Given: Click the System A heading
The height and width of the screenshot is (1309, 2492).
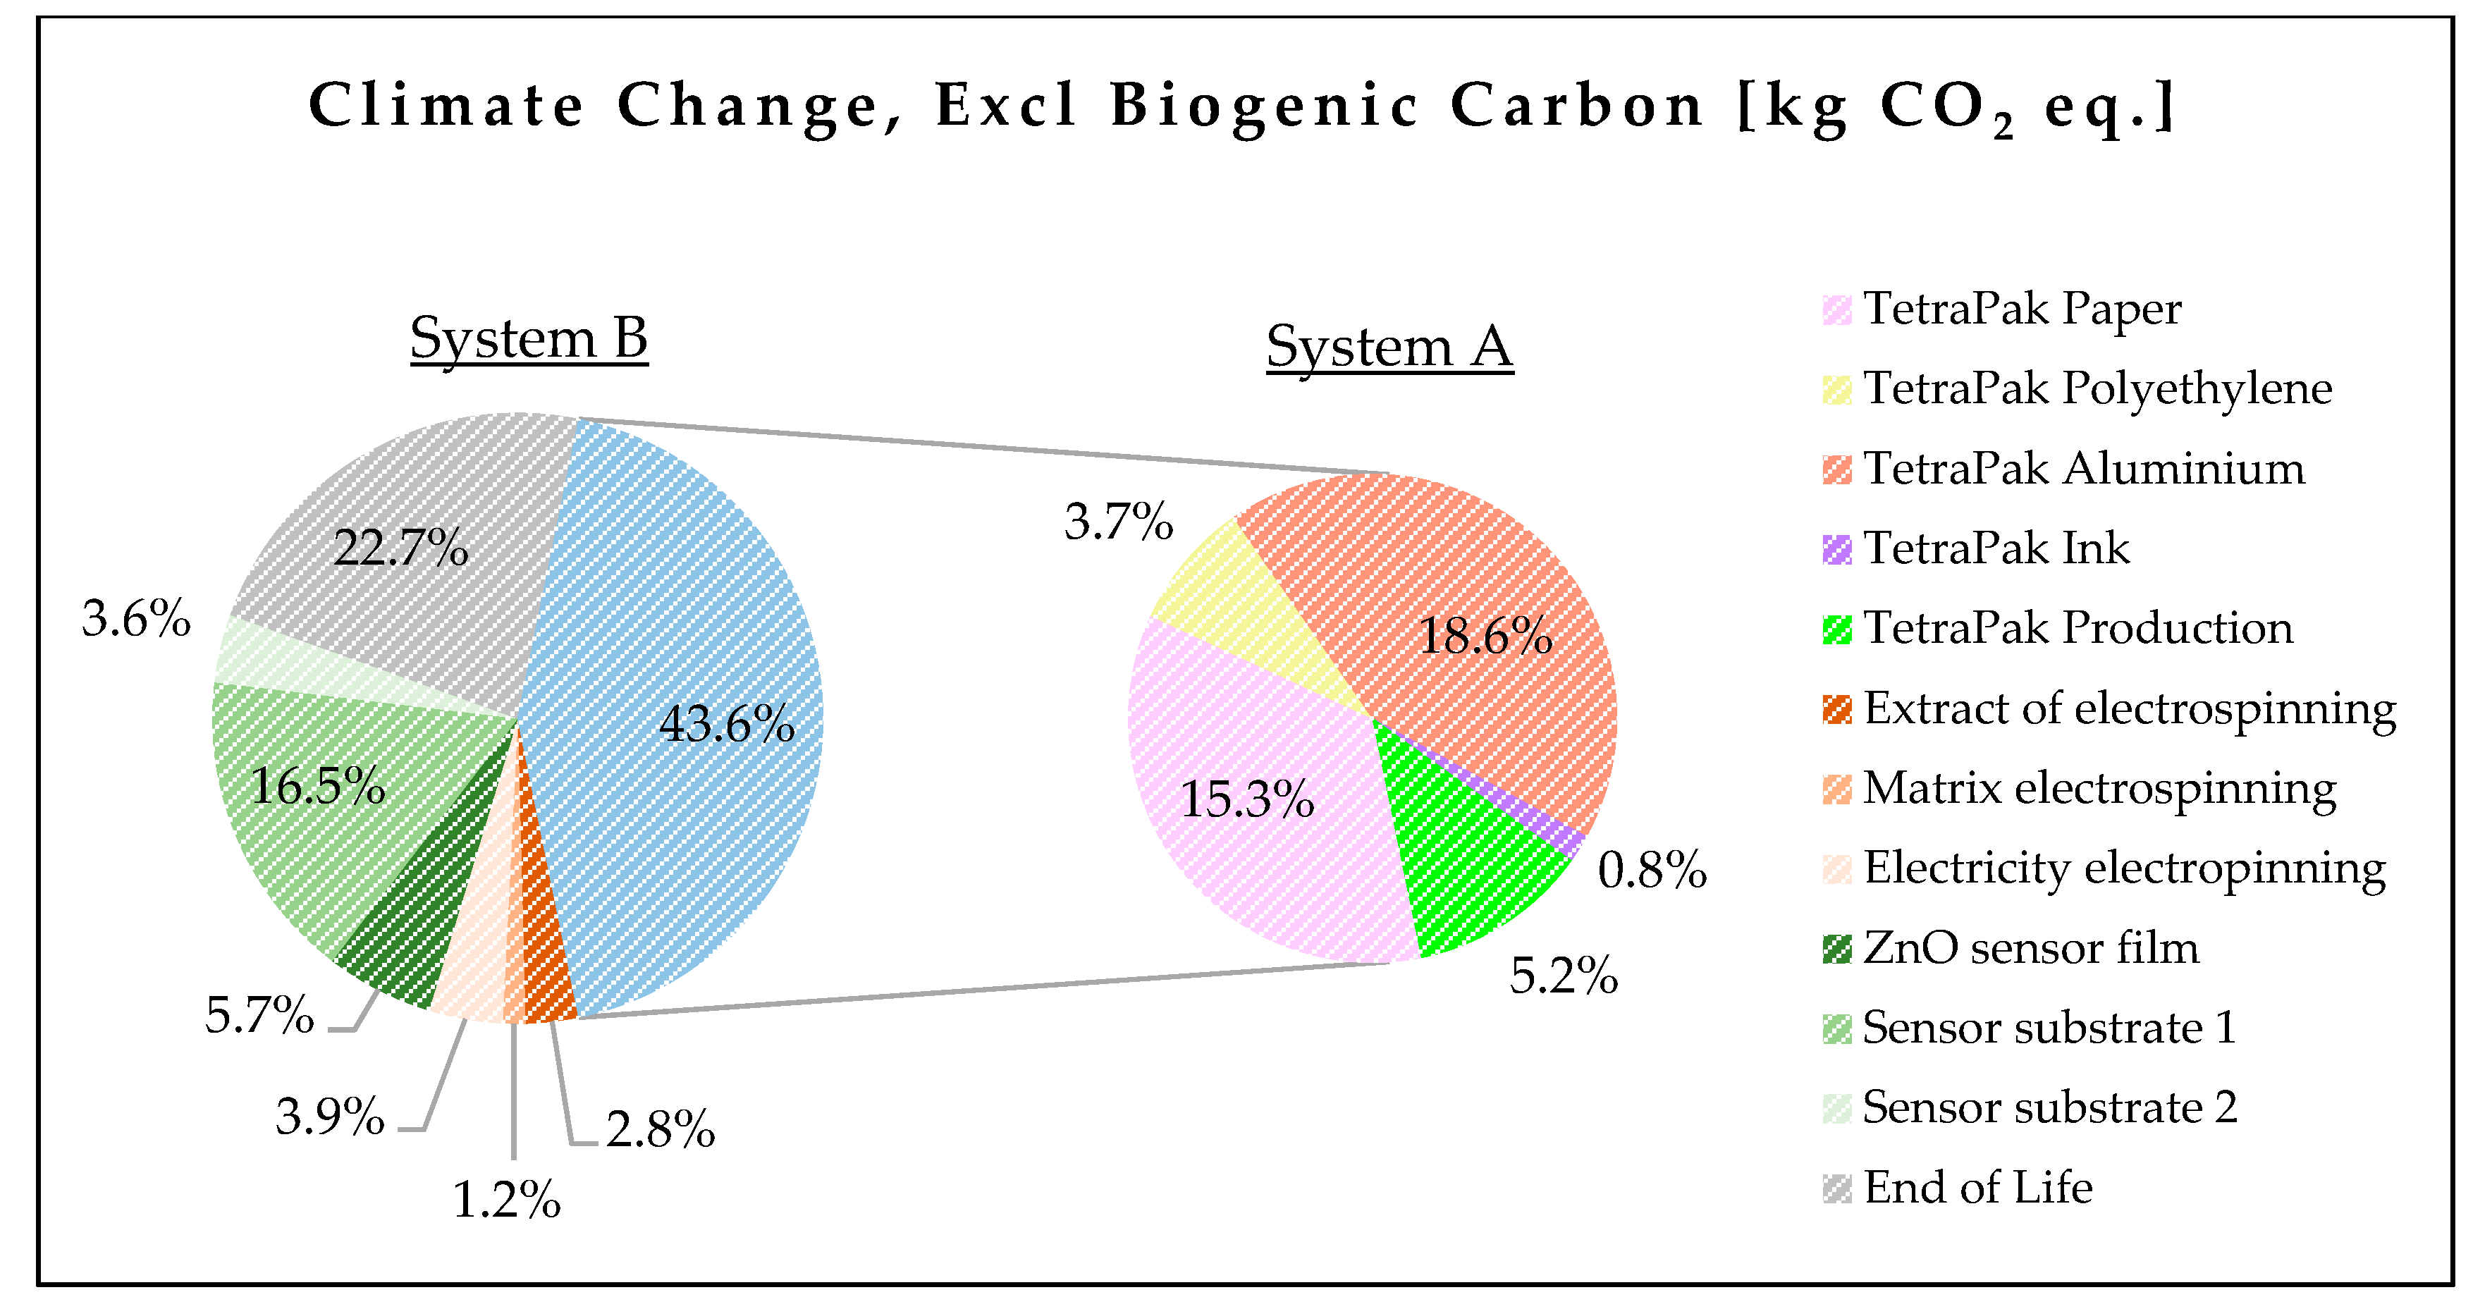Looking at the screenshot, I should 1389,348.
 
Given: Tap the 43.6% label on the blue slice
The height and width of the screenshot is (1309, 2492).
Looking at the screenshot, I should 727,724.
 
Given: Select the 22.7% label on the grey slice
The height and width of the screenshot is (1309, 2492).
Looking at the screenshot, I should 400,548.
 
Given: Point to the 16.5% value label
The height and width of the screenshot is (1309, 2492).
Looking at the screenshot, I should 317,785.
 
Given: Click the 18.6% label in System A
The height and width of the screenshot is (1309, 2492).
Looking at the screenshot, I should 1485,637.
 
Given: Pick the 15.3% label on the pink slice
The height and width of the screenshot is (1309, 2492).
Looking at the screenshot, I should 1247,799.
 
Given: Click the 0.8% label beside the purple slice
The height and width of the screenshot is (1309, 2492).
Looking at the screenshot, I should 1651,870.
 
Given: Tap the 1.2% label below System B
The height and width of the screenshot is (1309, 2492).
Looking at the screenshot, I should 506,1200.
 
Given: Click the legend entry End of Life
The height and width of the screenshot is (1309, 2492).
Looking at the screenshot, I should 1977,1188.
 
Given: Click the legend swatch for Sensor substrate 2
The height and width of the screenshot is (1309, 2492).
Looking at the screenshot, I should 1836,1109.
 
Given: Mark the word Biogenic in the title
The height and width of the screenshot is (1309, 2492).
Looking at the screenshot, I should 1263,106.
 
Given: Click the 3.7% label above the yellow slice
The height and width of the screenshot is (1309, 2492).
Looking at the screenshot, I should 1118,522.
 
